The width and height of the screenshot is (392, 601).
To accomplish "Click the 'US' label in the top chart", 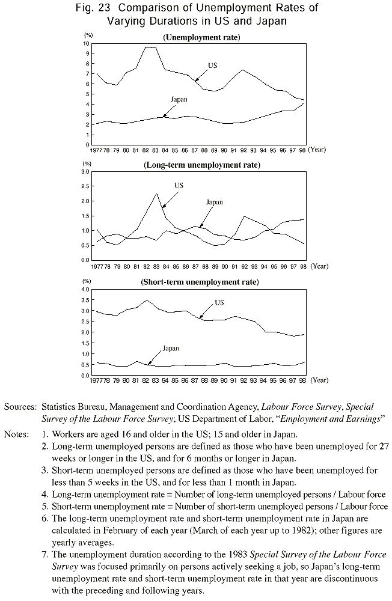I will coord(213,65).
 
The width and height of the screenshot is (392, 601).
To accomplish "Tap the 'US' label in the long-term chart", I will coord(179,186).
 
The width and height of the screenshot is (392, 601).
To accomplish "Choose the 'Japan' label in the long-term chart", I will coord(215,203).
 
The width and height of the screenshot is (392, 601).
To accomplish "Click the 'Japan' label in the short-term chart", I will coord(171,348).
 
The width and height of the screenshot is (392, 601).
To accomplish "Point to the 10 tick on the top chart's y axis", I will coord(87,44).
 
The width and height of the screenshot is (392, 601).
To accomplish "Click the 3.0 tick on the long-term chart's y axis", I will coord(85,172).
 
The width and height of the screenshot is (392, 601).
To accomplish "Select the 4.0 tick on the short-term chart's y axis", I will coord(85,289).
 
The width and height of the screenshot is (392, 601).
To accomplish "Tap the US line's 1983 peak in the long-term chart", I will coord(156,194).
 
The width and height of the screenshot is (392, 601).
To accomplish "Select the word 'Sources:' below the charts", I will coord(20,407).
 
